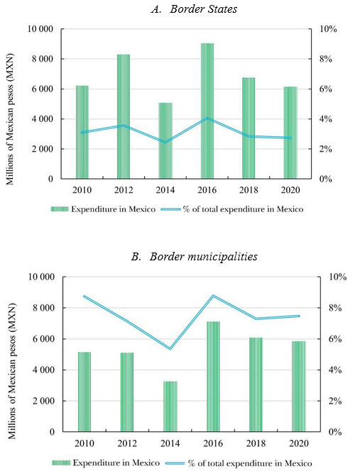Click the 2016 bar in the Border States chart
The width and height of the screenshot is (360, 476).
click(x=207, y=111)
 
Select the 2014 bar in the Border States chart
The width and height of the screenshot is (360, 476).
click(x=165, y=140)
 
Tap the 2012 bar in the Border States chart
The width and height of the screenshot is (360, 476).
click(x=124, y=116)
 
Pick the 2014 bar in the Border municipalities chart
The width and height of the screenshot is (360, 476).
click(x=170, y=406)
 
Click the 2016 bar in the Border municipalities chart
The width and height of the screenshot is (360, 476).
click(x=213, y=377)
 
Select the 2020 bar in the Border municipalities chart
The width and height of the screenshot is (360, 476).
click(x=299, y=387)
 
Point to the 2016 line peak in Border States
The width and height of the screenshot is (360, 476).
click(x=207, y=118)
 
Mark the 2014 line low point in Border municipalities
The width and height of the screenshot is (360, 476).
click(x=170, y=348)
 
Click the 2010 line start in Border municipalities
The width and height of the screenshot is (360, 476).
click(x=84, y=297)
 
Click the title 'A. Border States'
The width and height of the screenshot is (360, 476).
click(x=194, y=9)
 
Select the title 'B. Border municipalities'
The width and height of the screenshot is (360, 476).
click(x=194, y=257)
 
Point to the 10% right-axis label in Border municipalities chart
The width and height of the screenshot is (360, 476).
click(x=337, y=277)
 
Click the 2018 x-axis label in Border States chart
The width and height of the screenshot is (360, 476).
click(x=249, y=190)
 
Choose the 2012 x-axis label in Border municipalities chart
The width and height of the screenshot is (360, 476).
click(x=127, y=443)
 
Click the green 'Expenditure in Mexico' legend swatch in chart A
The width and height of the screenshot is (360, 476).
click(x=60, y=209)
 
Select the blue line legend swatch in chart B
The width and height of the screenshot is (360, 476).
click(x=175, y=463)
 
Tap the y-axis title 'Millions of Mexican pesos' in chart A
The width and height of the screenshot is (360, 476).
click(x=10, y=119)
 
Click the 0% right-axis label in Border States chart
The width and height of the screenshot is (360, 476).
click(x=326, y=179)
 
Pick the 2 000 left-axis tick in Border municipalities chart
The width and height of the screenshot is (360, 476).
click(x=43, y=401)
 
